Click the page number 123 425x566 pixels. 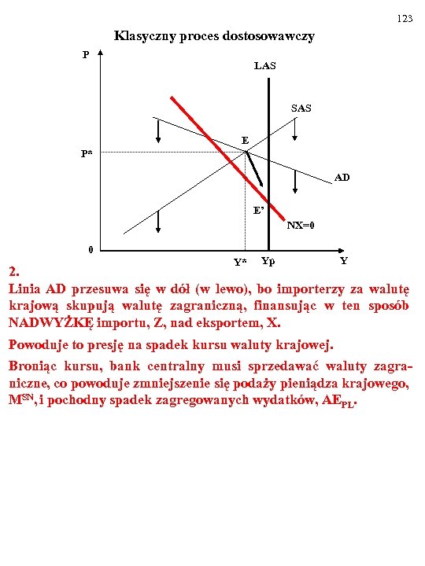pyautogui.click(x=405, y=18)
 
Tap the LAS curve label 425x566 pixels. pyautogui.click(x=265, y=66)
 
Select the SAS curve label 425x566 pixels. pyautogui.click(x=301, y=107)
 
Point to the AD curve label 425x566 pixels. pyautogui.click(x=342, y=178)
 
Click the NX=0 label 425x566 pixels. pyautogui.click(x=301, y=225)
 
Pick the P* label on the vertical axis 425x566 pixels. pyautogui.click(x=86, y=154)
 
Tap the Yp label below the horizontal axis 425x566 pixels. pyautogui.click(x=268, y=260)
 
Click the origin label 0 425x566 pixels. pyautogui.click(x=91, y=250)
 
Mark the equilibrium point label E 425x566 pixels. pyautogui.click(x=246, y=141)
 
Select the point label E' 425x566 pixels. pyautogui.click(x=259, y=210)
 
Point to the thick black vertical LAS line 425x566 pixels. pyautogui.click(x=268, y=118)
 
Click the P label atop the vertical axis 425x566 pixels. pyautogui.click(x=86, y=55)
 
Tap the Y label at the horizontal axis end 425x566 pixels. pyautogui.click(x=343, y=260)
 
